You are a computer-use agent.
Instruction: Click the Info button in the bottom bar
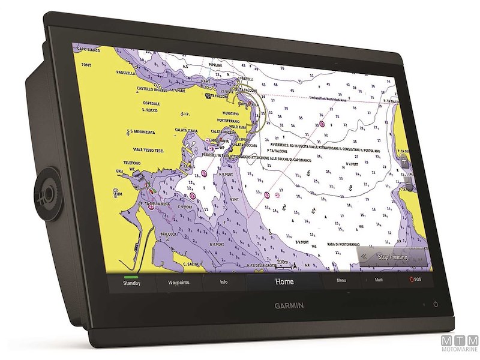(x=224, y=281)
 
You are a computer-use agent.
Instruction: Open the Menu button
(x=341, y=280)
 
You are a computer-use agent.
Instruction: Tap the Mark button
(x=379, y=280)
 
